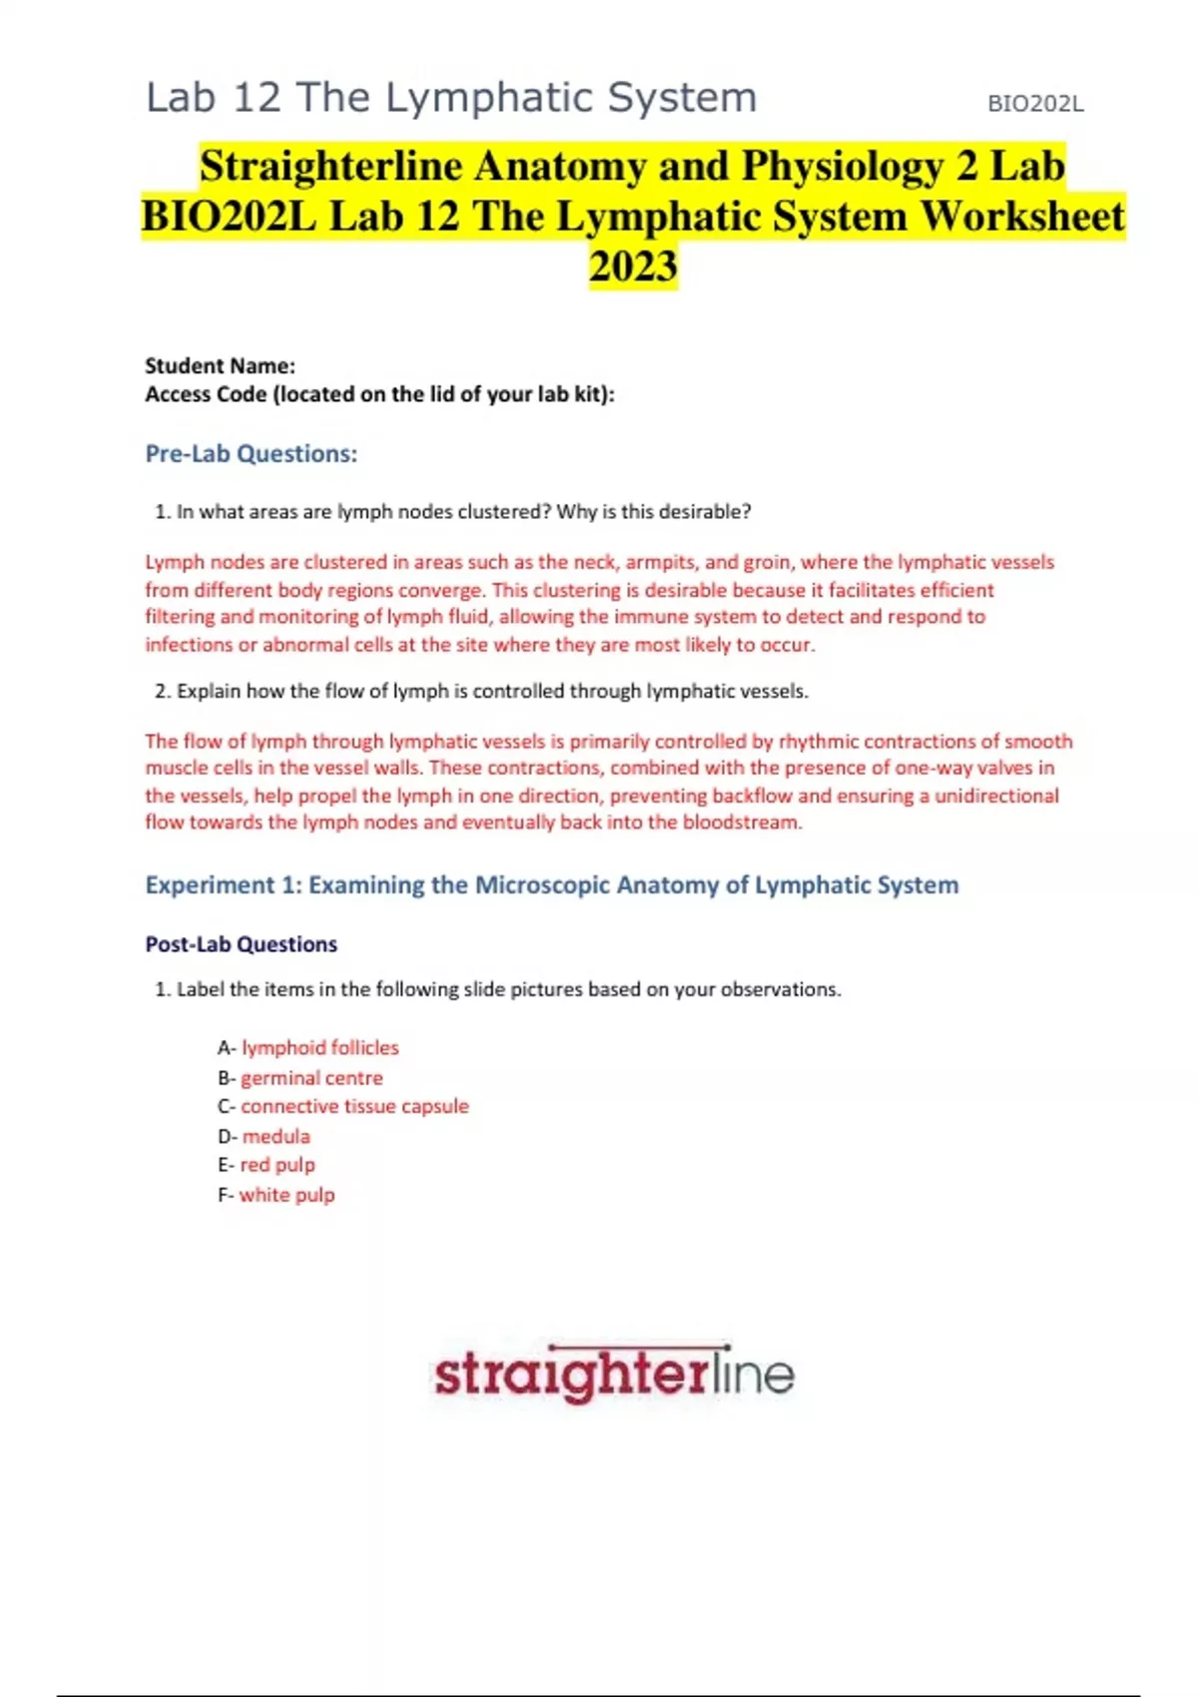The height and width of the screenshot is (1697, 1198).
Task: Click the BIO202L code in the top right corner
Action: (x=1035, y=104)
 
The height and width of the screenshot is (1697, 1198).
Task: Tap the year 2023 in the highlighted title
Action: (x=633, y=267)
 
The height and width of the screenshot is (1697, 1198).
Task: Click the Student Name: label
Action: (x=220, y=365)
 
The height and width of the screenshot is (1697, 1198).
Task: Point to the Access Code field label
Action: (x=379, y=394)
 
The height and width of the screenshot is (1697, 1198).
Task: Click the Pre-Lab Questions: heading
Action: (x=251, y=454)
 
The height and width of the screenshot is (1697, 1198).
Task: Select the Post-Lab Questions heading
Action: (x=241, y=944)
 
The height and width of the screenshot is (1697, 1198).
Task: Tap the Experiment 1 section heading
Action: (x=551, y=885)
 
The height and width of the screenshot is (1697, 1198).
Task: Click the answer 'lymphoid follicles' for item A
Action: (x=319, y=1048)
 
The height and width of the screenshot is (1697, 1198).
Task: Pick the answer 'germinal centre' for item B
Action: (x=311, y=1078)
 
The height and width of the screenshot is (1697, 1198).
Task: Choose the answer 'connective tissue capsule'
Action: (x=354, y=1107)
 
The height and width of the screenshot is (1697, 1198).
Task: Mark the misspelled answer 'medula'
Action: (x=276, y=1137)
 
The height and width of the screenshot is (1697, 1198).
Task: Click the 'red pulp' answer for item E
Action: (x=278, y=1165)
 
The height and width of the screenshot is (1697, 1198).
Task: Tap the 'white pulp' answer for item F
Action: (x=287, y=1195)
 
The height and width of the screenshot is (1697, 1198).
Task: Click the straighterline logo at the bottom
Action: (x=613, y=1375)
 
